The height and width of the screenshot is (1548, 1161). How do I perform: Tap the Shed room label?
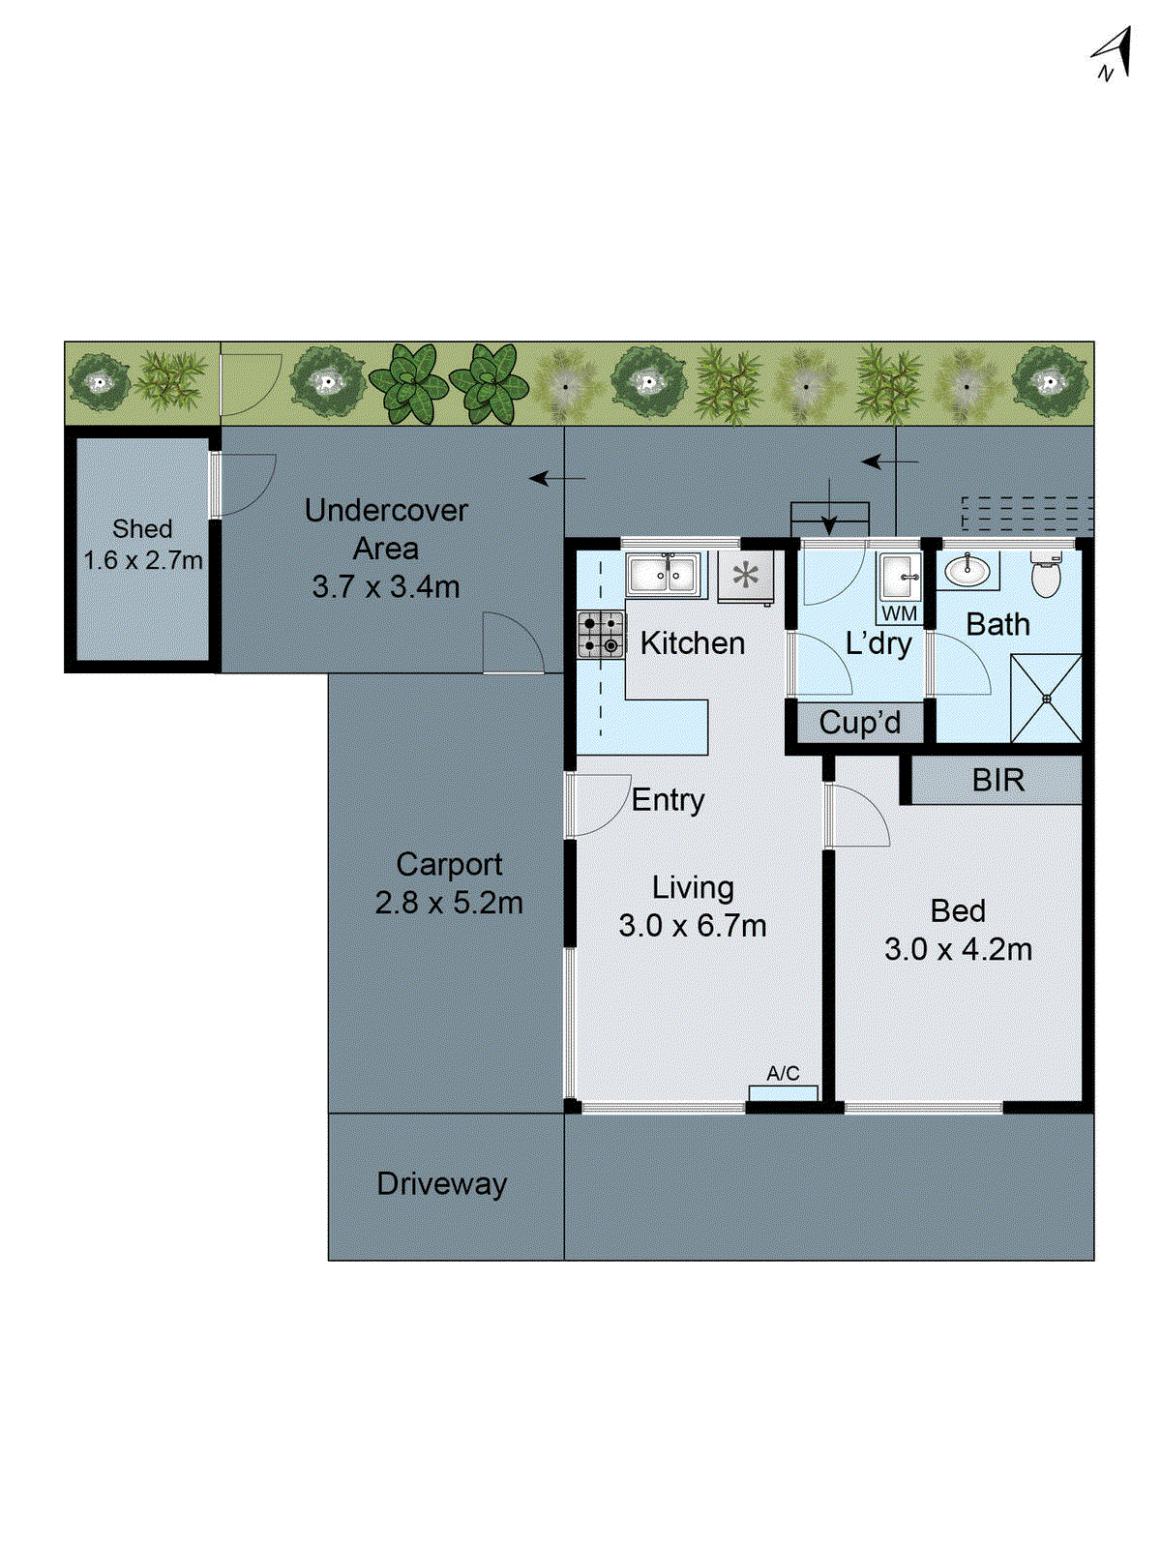coord(142,528)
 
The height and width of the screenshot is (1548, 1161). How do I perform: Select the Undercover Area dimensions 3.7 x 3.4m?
coord(385,586)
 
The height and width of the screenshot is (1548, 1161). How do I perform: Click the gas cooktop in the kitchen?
coord(601,635)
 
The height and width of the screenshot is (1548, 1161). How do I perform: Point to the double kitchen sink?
coord(662,575)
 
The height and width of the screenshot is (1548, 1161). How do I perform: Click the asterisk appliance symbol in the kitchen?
coord(745,577)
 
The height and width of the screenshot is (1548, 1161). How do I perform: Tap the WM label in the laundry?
coord(899,613)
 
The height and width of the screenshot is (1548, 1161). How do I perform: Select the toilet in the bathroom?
coord(1046,576)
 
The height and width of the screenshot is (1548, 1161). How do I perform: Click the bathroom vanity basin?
coord(967,571)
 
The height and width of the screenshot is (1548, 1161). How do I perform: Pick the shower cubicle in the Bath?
coord(1046,698)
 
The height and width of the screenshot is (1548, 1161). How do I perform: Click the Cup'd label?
coord(859,723)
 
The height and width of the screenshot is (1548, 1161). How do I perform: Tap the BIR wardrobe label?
coord(997,780)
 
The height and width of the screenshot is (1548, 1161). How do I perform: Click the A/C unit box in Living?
coord(783,1092)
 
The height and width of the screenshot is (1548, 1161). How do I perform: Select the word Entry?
coord(668,800)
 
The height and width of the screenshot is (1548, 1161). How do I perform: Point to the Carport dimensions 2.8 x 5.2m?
coord(448,903)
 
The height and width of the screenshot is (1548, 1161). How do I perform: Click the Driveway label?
coord(442,1183)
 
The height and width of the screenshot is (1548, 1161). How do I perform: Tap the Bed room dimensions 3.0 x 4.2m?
coord(958,949)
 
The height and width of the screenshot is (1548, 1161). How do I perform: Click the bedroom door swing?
coord(859,816)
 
